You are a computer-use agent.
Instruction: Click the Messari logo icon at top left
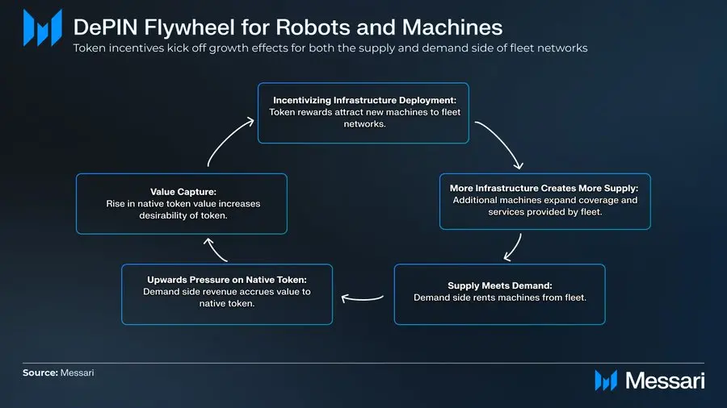tap(43, 27)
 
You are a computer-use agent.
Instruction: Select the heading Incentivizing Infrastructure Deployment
tap(363, 99)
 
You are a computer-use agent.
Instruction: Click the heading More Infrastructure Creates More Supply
tap(544, 188)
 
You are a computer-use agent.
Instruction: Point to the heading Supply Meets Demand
tap(499, 285)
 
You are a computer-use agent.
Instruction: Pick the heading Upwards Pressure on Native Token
tap(226, 279)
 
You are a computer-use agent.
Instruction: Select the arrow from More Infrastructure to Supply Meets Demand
tap(514, 248)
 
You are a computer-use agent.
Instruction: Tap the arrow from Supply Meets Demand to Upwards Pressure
tap(363, 298)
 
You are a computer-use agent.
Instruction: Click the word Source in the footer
tap(40, 373)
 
